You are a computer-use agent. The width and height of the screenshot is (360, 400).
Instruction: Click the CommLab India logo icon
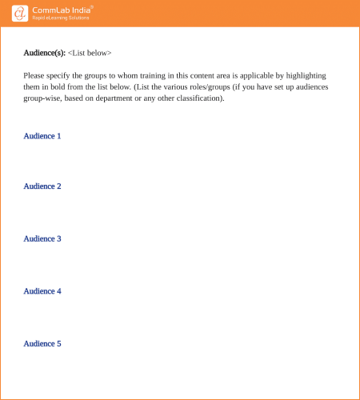coord(21,13)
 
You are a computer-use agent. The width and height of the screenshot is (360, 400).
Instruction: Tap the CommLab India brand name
coord(62,10)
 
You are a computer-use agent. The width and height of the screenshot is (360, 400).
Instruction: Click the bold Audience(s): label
coord(44,53)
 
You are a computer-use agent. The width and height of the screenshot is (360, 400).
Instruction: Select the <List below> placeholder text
coord(90,53)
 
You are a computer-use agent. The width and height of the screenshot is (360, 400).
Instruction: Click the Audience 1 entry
coord(42,136)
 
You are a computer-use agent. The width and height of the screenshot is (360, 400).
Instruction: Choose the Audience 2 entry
coord(42,186)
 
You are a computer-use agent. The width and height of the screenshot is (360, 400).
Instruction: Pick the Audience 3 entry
coord(42,238)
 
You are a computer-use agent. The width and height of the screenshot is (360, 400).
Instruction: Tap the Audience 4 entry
coord(42,291)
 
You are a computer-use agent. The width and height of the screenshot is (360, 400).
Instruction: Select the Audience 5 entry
coord(42,343)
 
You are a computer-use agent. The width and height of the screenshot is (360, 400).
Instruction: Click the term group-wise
coord(42,98)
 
